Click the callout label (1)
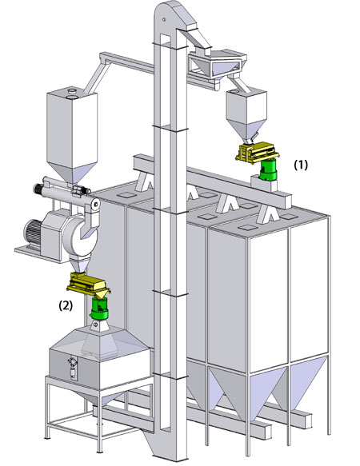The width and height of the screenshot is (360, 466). pos(301,165)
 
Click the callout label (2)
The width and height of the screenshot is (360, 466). pos(66,305)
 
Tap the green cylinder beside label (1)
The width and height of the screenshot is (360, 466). pos(268,169)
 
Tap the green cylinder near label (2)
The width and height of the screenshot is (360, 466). pos(99,309)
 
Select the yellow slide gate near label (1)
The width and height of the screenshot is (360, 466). pos(258,152)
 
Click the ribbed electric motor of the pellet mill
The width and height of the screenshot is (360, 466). pos(33,234)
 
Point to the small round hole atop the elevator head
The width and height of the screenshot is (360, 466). pos(164,20)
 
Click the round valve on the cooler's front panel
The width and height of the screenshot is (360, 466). pos(73,361)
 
